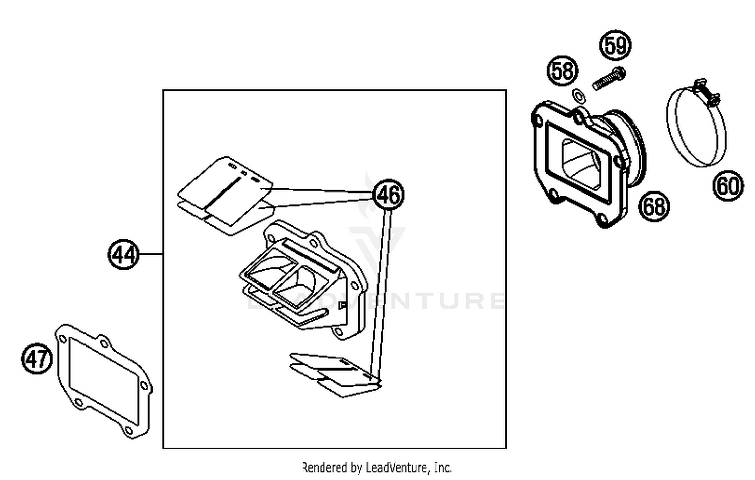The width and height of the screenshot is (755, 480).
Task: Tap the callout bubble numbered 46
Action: coord(388,195)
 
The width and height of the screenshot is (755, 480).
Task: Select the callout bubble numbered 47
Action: coord(37,359)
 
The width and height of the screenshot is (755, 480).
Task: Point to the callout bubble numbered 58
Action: coord(562,70)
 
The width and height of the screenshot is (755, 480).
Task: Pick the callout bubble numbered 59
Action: coord(616,46)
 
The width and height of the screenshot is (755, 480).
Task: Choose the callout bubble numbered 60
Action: coord(728,186)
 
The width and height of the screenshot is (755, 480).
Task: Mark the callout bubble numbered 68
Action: coord(654,206)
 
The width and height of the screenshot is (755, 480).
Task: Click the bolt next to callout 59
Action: coord(608,79)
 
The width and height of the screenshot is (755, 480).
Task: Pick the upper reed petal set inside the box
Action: coord(224,194)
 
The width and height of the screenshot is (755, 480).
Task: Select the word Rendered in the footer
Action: coord(325,468)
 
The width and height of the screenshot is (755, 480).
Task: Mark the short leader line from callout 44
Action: coord(150,254)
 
